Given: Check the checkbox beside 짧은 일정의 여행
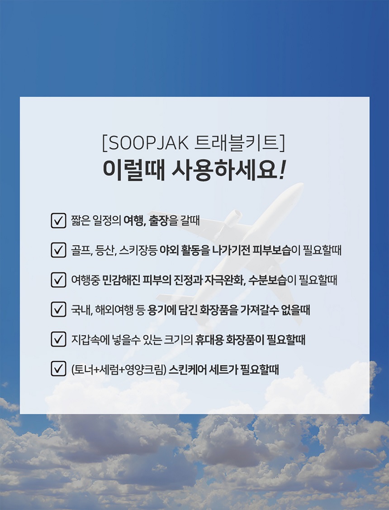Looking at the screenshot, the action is point(58,221).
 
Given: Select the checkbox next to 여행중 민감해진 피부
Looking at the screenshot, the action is point(58,280).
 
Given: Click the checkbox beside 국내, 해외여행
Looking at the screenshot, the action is point(58,310).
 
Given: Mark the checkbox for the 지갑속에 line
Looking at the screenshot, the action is point(58,340).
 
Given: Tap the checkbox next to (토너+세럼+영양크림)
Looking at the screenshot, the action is point(58,369).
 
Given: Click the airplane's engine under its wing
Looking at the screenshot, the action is point(232,217).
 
